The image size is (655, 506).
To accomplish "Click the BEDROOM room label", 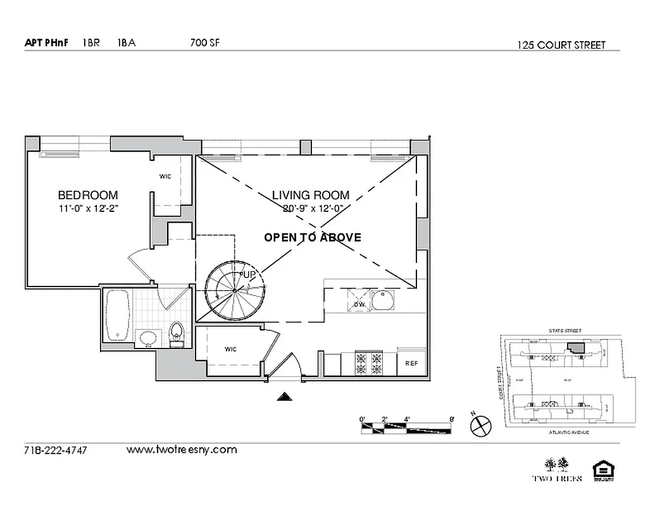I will [x=87, y=195].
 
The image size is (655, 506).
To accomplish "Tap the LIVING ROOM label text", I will [x=311, y=195].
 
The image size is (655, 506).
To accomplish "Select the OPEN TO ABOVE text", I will [x=313, y=238].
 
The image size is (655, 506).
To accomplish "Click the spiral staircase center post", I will [x=234, y=290].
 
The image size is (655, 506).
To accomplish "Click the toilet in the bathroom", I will [x=177, y=334].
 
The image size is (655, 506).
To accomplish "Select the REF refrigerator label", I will [x=412, y=364].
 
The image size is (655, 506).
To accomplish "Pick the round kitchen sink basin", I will [x=383, y=300].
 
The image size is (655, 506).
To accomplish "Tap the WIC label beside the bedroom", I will [x=165, y=177].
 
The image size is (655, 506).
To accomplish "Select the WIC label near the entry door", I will [x=230, y=349].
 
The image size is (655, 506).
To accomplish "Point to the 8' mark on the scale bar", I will [x=451, y=419].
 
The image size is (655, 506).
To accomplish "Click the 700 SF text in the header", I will [x=204, y=43].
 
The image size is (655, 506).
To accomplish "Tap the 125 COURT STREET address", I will [x=561, y=45].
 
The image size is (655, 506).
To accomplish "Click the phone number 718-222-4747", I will [x=55, y=450].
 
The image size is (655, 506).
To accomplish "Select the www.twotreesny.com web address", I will [x=182, y=450].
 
